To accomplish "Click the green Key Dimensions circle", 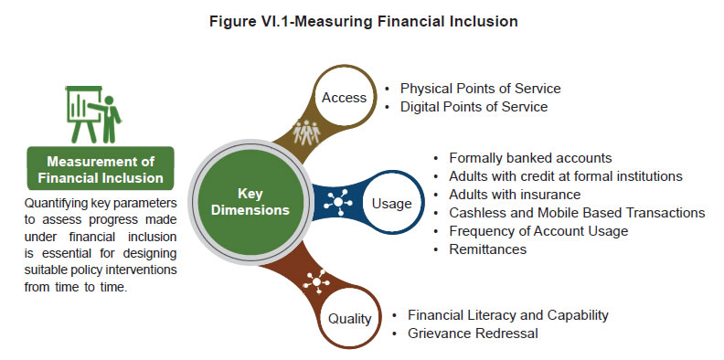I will pyautogui.click(x=250, y=202).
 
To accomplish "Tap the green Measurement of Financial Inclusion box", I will pyautogui.click(x=100, y=170).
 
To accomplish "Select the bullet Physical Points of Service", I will pyautogui.click(x=480, y=89).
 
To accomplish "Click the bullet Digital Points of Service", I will pyautogui.click(x=474, y=107).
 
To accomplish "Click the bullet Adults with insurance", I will pyautogui.click(x=515, y=194).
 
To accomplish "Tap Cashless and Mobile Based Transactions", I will pyautogui.click(x=577, y=212).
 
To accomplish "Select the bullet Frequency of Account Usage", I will pyautogui.click(x=538, y=230).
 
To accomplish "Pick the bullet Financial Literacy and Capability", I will pyautogui.click(x=507, y=315).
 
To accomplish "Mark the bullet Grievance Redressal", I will pyautogui.click(x=473, y=334).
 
